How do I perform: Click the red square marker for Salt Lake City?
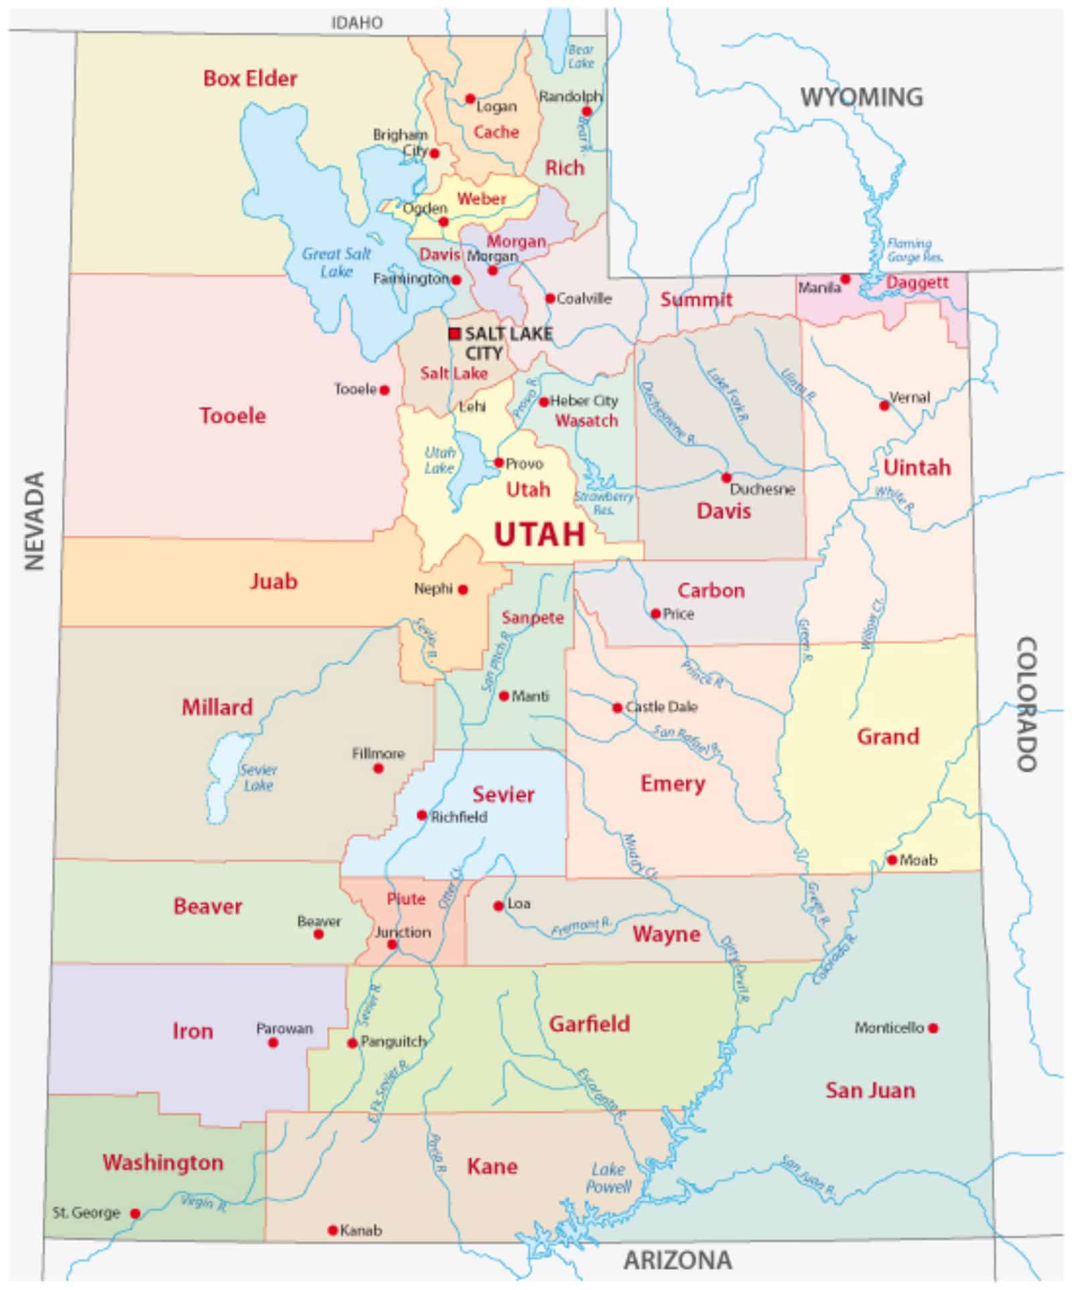[454, 333]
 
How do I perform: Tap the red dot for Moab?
[892, 860]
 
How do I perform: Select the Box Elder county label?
[250, 78]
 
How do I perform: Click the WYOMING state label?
[862, 98]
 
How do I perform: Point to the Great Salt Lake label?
[336, 262]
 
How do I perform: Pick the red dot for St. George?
[135, 1214]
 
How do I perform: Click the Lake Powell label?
[608, 1178]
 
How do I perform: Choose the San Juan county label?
[870, 1090]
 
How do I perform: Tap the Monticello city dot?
[933, 1027]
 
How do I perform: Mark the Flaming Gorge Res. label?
[914, 250]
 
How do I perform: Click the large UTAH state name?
[539, 534]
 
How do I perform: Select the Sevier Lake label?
[258, 777]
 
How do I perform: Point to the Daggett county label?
[917, 282]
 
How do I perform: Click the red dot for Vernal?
[884, 405]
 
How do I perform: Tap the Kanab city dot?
[332, 1230]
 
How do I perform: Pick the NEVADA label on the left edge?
[34, 521]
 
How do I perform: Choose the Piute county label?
[406, 899]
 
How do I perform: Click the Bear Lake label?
[581, 56]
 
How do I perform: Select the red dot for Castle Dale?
[617, 708]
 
